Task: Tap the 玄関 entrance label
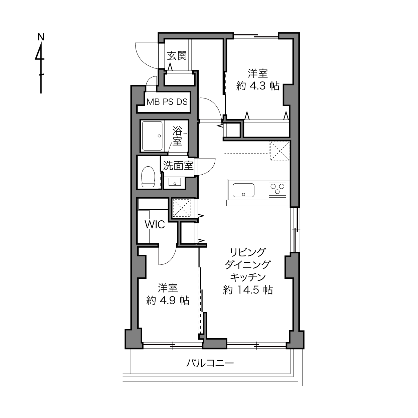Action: pos(177,56)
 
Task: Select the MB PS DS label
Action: pos(167,102)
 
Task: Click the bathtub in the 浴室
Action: pos(152,136)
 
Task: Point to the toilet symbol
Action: pos(148,177)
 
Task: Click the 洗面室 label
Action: pos(178,166)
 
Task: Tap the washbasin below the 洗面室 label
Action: pos(175,182)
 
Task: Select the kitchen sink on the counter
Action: pos(243,190)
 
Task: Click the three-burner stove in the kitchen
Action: pos(277,190)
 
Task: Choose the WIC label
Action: pos(155,225)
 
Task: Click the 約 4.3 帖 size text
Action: pos(258,86)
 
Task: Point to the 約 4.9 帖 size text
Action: pos(168,301)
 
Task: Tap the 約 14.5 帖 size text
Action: pos(248,290)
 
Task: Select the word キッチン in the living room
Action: pos(248,277)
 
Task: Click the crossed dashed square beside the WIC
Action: pos(181,208)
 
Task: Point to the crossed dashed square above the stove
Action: pos(280,151)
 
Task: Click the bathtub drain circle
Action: pos(160,136)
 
